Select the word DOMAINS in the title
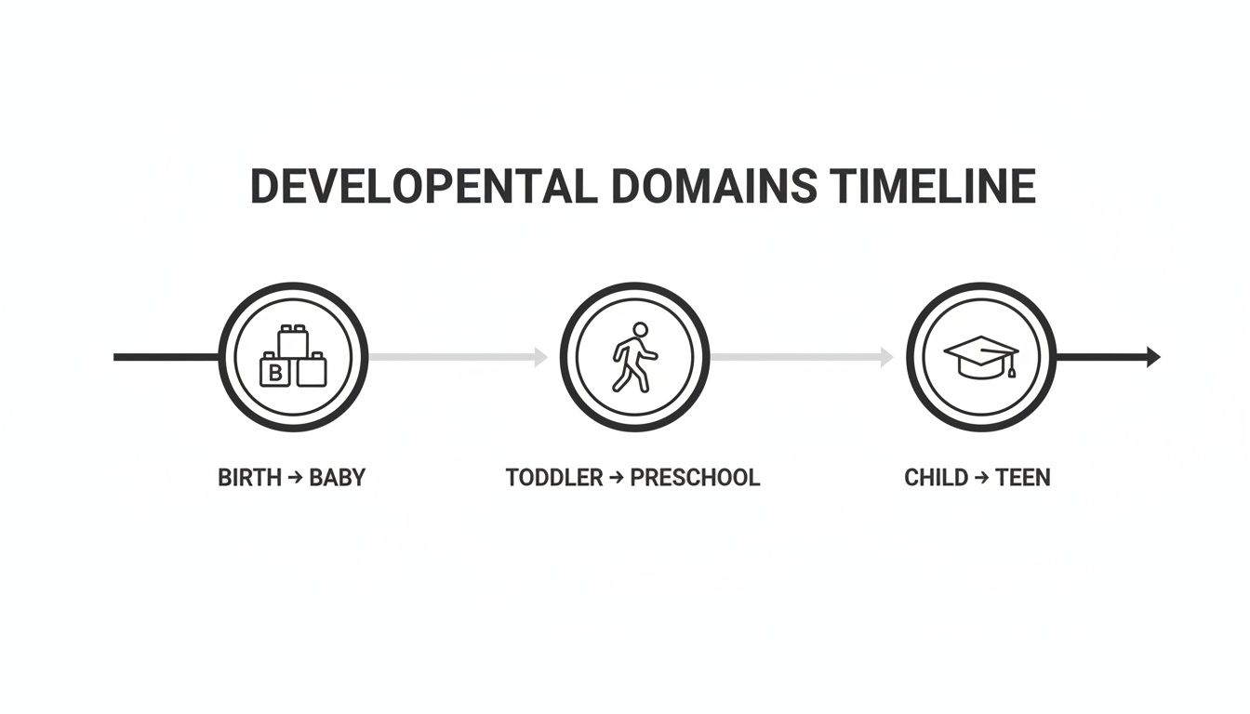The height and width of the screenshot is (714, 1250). click(x=713, y=187)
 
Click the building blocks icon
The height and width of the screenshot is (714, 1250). click(x=293, y=357)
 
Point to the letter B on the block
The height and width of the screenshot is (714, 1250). click(x=274, y=374)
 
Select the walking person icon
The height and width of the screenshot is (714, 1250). click(x=634, y=357)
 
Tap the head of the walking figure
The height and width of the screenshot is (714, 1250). click(x=640, y=329)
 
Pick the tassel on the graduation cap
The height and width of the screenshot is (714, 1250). click(x=1010, y=371)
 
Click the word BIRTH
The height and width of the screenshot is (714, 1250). click(x=249, y=478)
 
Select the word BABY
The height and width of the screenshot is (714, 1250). click(x=337, y=478)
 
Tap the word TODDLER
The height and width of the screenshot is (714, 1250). click(x=554, y=478)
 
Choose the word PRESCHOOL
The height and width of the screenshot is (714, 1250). click(x=695, y=478)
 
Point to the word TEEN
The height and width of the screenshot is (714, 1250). click(x=1022, y=478)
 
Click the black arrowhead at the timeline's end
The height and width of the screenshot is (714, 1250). click(x=1153, y=357)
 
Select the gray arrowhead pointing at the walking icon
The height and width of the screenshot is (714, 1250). click(x=540, y=357)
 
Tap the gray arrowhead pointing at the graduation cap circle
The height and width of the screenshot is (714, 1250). click(x=886, y=357)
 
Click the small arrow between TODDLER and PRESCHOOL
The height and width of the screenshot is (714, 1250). click(x=616, y=478)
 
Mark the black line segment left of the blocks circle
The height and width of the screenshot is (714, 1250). click(x=166, y=357)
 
